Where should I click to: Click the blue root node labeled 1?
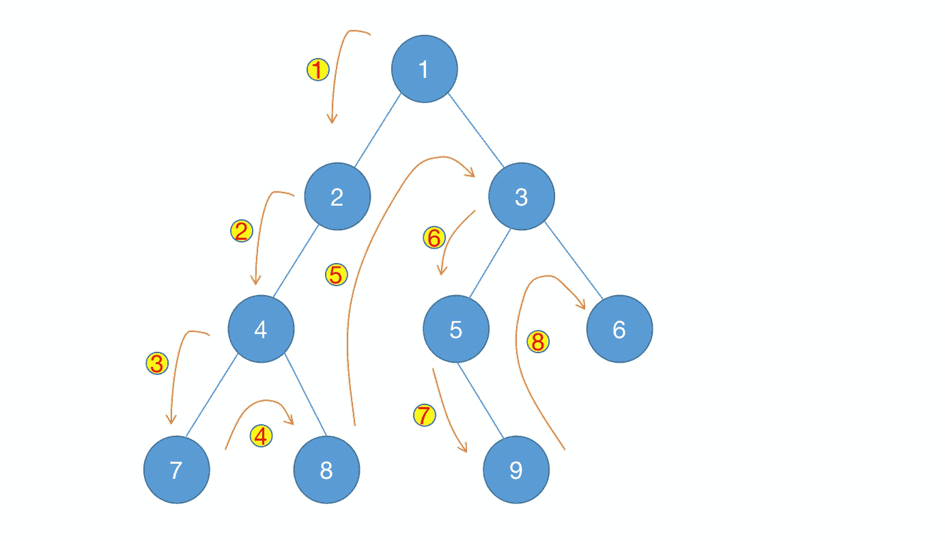coord(424,69)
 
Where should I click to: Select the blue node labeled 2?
coord(337,197)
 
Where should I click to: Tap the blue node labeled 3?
coord(522,197)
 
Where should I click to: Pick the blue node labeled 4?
coord(261,329)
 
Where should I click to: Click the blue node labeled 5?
coord(456,329)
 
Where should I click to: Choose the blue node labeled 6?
coord(619,329)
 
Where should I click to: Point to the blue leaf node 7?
coord(176,470)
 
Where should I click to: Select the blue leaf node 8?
coord(326,470)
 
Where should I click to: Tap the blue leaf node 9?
coord(516,470)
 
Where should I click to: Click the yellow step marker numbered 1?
coord(318,69)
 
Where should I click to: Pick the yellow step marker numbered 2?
coord(242,231)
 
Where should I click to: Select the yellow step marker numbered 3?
coord(157,363)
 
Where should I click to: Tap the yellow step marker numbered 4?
coord(261,435)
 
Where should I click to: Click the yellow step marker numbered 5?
coord(336,275)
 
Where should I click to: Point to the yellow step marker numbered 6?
coord(434,238)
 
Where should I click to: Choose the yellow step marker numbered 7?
coord(424,415)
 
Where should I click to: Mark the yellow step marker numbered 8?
coord(538,342)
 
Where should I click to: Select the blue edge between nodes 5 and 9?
coord(481,402)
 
